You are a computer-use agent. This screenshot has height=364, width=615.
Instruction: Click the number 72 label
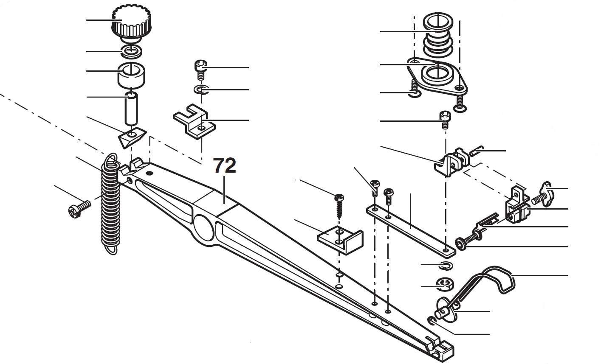point(224,166)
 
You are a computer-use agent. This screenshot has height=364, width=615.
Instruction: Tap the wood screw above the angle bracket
point(339,204)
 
